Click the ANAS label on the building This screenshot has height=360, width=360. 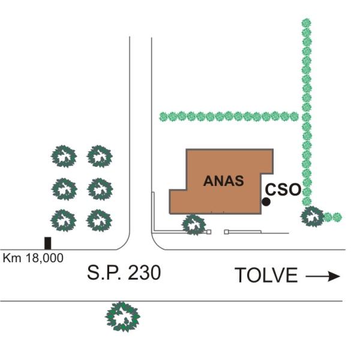click(x=223, y=181)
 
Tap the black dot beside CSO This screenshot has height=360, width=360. click(x=266, y=202)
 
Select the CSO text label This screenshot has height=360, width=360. click(x=283, y=190)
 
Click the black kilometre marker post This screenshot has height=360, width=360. click(x=47, y=243)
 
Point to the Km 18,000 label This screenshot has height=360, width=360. click(x=33, y=258)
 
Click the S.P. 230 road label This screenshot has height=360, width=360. click(x=124, y=274)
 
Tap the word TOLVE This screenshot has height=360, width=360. click(x=266, y=275)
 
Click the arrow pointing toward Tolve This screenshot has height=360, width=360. click(x=323, y=276)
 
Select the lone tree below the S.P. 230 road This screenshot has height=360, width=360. click(x=123, y=316)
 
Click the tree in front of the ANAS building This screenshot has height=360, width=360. click(x=194, y=224)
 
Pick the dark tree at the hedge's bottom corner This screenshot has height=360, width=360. click(x=313, y=216)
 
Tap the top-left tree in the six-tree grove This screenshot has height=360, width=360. click(x=64, y=156)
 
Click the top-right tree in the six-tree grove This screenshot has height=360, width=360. click(x=99, y=156)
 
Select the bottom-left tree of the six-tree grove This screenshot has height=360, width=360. click(x=64, y=220)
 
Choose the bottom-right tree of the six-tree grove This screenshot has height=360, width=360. click(x=99, y=220)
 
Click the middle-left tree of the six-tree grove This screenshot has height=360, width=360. click(x=64, y=188)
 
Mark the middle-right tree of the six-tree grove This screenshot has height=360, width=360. click(x=99, y=188)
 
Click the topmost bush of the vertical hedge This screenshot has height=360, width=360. click(x=307, y=23)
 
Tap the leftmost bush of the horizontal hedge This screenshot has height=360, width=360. click(x=163, y=116)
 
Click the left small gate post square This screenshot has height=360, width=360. click(x=209, y=232)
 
